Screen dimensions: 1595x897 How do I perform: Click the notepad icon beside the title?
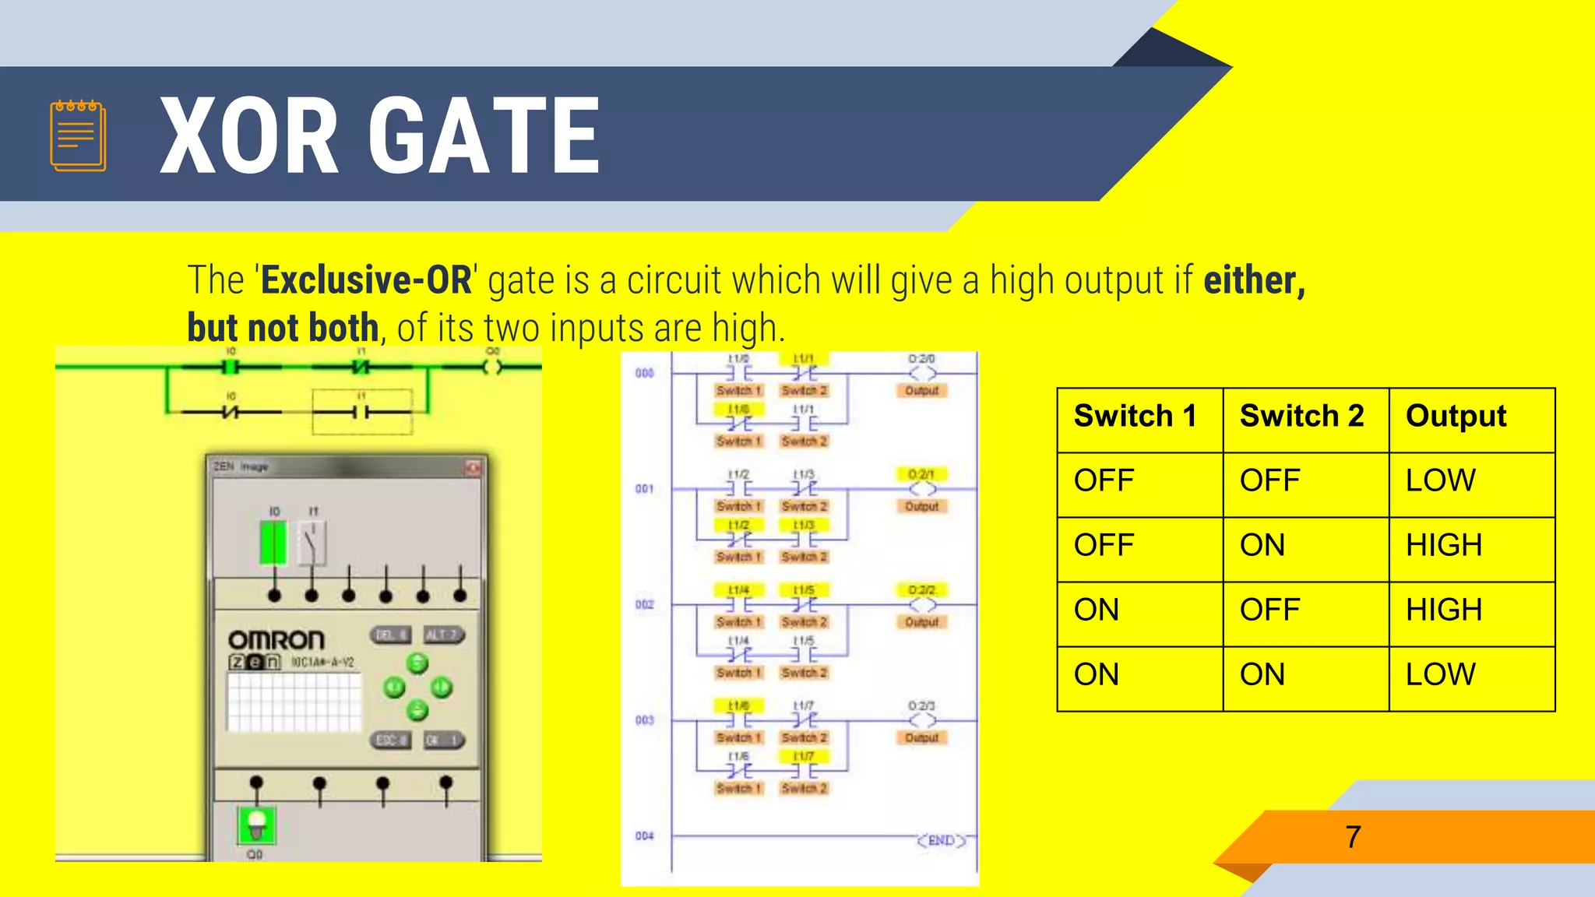click(78, 135)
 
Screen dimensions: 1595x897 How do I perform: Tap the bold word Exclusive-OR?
click(366, 280)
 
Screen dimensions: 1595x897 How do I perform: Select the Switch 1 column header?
click(1135, 416)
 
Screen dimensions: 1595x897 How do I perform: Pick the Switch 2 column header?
click(1301, 416)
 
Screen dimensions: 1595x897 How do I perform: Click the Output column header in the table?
click(1456, 416)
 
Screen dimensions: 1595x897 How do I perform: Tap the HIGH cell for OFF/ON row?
click(1443, 545)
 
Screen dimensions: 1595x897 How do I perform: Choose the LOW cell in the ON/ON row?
click(1440, 674)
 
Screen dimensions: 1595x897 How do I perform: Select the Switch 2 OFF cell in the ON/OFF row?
click(1269, 610)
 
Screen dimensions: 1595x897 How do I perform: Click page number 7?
click(1353, 837)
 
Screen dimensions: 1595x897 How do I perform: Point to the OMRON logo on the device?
click(276, 640)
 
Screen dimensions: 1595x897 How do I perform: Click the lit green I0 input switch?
click(273, 543)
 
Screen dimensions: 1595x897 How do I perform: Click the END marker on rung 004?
click(941, 841)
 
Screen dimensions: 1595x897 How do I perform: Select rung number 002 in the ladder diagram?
click(644, 605)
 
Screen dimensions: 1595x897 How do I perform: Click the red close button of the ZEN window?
click(473, 467)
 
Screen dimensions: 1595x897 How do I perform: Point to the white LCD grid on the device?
click(294, 701)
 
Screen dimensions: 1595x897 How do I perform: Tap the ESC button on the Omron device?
click(389, 740)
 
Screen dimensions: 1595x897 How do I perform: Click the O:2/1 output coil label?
click(921, 474)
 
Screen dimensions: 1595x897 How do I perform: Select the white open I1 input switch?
click(312, 543)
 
